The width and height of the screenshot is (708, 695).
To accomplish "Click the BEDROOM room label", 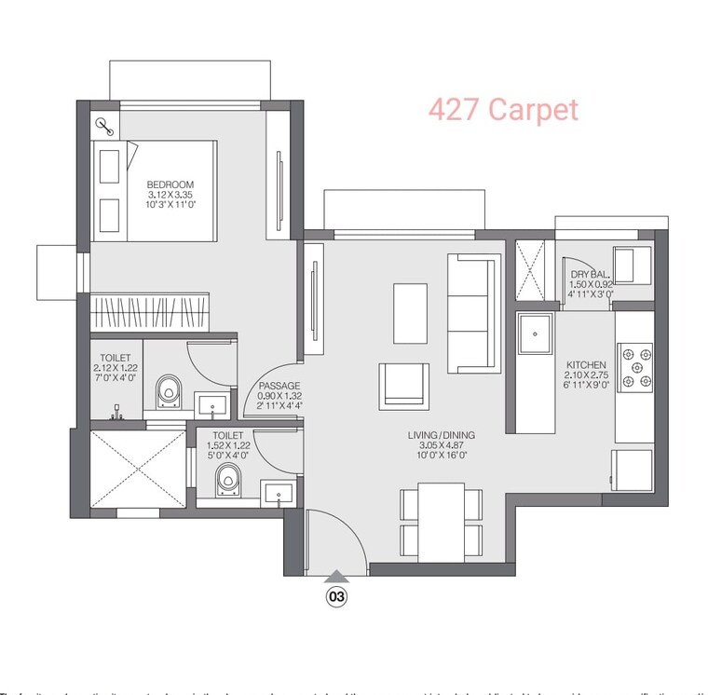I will coord(170,184).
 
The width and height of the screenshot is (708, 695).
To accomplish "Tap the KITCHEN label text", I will coord(587,365).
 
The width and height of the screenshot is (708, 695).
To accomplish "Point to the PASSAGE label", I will coord(279,386).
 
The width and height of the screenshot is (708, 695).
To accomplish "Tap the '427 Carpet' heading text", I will coord(503,110).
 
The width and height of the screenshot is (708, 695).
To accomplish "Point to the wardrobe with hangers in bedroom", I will coord(149,309).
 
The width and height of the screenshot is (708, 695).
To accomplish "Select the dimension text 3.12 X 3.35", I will coord(170,195).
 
